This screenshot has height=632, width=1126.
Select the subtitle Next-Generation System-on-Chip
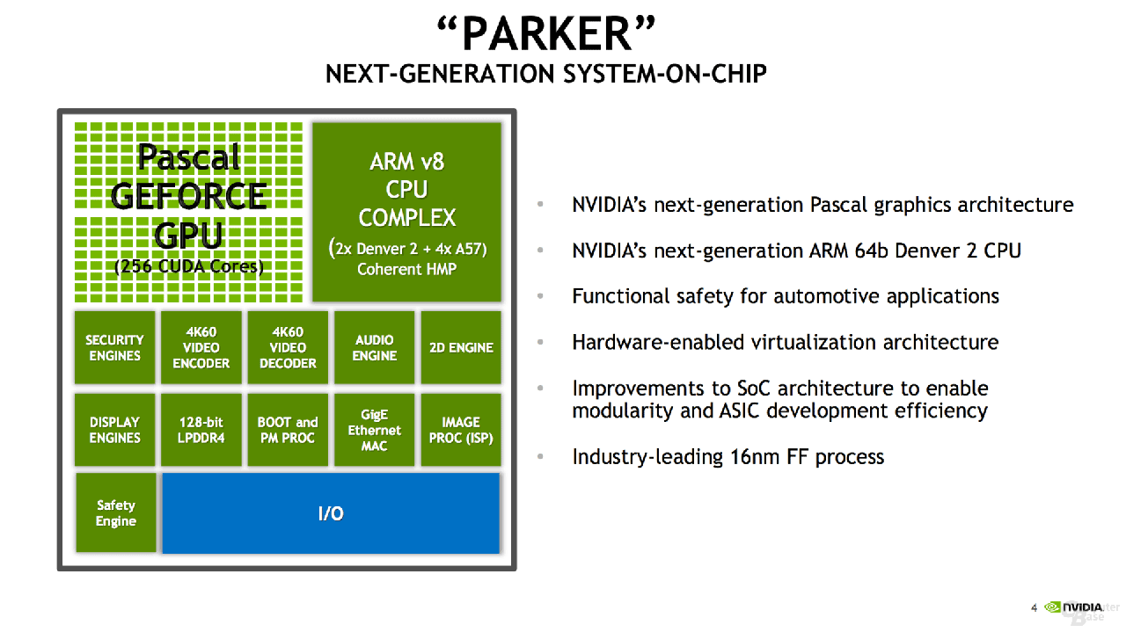pos(546,74)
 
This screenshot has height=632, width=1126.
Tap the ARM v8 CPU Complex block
pos(406,212)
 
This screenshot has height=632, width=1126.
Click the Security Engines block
pos(114,347)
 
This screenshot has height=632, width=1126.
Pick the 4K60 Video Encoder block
pos(201,347)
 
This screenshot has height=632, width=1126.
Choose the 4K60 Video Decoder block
pos(288,347)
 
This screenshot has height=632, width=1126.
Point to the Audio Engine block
pos(374,347)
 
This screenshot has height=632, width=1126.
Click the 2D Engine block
pos(461,347)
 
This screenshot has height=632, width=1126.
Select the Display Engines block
pos(114,430)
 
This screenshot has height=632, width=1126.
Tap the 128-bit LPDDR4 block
pos(201,430)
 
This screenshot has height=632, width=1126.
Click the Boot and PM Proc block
pos(288,430)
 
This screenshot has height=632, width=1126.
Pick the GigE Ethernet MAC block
pos(374,430)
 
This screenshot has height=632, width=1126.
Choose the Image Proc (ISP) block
pos(461,430)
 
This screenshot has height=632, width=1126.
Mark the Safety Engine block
pos(116,512)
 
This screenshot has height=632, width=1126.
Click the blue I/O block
pos(331,513)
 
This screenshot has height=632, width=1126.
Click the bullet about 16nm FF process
pos(728,457)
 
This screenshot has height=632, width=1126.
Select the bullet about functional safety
pos(785,296)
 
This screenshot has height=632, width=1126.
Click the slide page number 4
pos(1034,607)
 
